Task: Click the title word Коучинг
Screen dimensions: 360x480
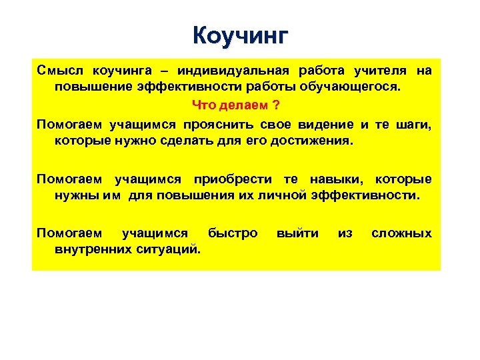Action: (x=240, y=34)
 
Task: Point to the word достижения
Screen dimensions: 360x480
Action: (x=318, y=141)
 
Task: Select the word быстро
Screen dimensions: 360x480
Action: (x=232, y=233)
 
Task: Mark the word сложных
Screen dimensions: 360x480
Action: (x=401, y=233)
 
